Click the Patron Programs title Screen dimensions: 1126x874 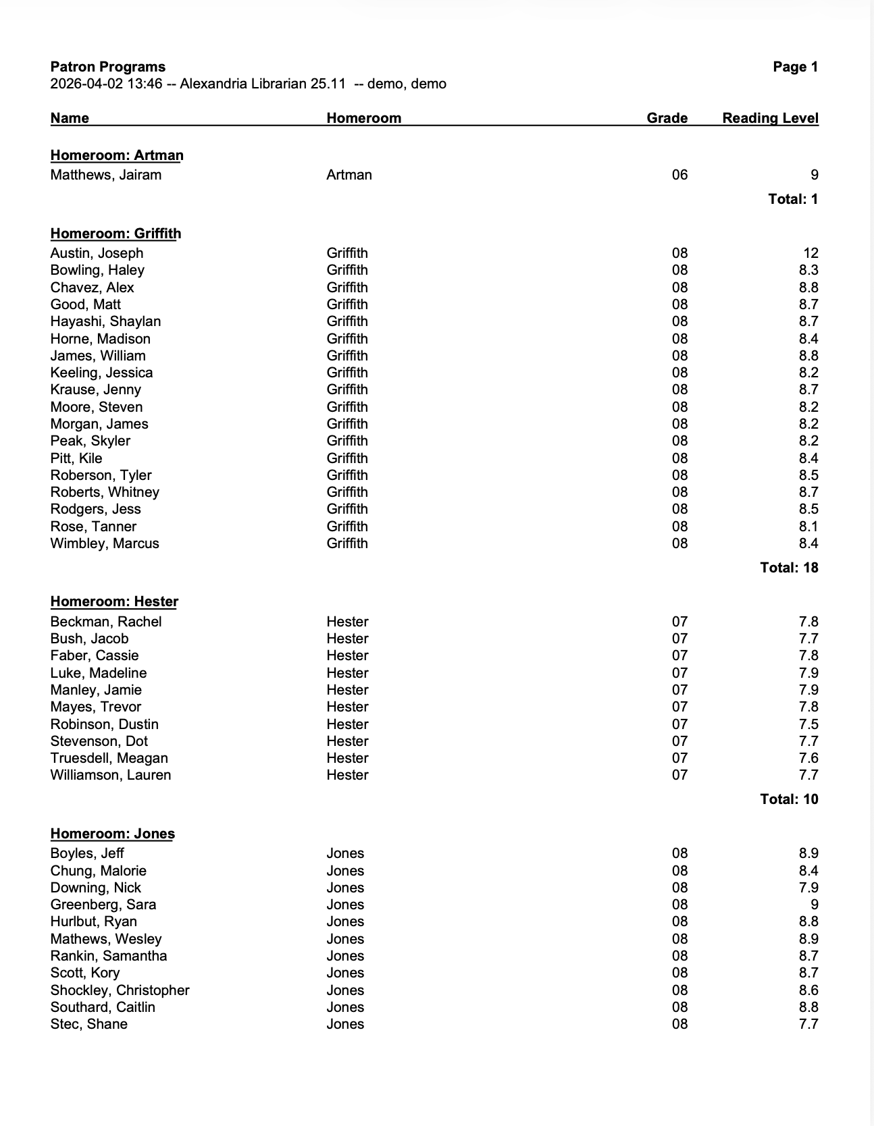108,67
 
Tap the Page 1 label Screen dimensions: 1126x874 795,67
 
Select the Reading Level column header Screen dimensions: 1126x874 770,118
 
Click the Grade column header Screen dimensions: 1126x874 667,118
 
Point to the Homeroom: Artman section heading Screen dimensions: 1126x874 117,155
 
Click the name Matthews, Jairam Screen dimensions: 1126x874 106,175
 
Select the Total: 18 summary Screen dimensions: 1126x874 789,568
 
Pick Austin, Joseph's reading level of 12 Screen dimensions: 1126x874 811,253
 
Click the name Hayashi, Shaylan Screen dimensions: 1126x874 105,321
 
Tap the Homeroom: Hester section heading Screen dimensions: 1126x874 114,601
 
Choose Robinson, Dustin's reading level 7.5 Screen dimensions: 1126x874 808,724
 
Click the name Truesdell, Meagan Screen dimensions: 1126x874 109,758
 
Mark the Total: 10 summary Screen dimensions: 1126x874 789,799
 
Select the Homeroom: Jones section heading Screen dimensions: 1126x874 113,834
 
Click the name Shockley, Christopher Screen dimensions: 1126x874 120,990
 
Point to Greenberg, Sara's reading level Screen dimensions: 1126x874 814,905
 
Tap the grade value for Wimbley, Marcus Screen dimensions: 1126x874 679,543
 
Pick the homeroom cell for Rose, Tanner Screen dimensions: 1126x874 347,527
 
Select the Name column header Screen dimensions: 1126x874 70,118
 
